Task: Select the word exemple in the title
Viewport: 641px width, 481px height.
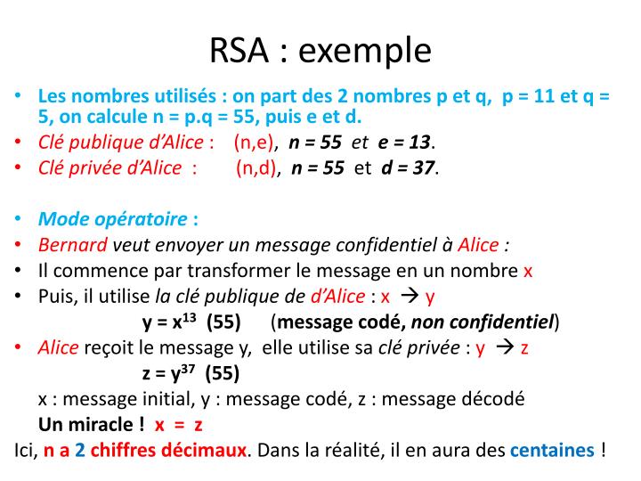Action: (x=365, y=52)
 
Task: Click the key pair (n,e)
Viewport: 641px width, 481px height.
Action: (x=256, y=143)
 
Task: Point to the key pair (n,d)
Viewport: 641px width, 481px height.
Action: (x=258, y=168)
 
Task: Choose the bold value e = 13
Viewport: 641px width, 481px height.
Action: (x=405, y=143)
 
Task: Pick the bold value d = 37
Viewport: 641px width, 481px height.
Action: (x=409, y=168)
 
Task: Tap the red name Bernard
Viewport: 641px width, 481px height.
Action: (x=72, y=246)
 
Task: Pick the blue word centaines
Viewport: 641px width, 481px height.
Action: (x=551, y=450)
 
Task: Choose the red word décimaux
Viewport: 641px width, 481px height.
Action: (x=212, y=450)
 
